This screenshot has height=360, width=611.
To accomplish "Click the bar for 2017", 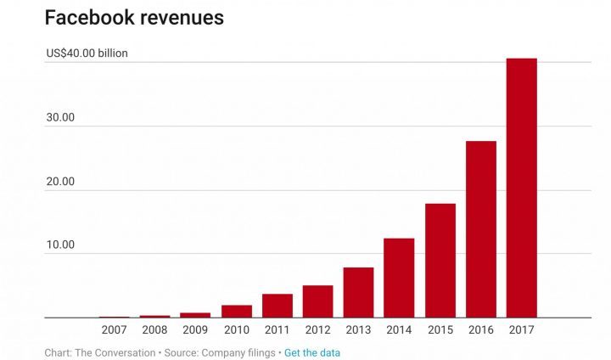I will [521, 188].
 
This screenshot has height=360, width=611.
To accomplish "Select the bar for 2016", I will [480, 229].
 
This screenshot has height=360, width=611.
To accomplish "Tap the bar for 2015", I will [440, 261].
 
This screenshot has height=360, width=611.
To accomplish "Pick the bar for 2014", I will [399, 278].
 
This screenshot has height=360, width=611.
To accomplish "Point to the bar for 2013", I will [358, 292].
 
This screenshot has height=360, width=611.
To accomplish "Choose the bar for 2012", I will [317, 301].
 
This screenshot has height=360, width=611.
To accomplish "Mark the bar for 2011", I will [277, 306].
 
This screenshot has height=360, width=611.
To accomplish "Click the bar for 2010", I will [236, 311].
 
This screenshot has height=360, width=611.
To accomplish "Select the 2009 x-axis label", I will [195, 330].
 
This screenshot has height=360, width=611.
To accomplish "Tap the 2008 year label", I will [154, 330].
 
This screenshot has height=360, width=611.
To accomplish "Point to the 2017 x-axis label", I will [521, 330].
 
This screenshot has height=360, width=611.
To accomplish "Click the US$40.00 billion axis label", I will [87, 53].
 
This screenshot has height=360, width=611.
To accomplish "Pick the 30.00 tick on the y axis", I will [60, 117].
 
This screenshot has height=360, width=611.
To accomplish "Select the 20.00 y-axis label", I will [60, 181].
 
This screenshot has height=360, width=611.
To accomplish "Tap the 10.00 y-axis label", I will [60, 245].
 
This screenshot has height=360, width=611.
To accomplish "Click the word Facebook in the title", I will [88, 18].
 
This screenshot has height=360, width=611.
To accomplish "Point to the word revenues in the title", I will [178, 18].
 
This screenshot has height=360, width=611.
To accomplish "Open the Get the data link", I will [312, 352].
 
